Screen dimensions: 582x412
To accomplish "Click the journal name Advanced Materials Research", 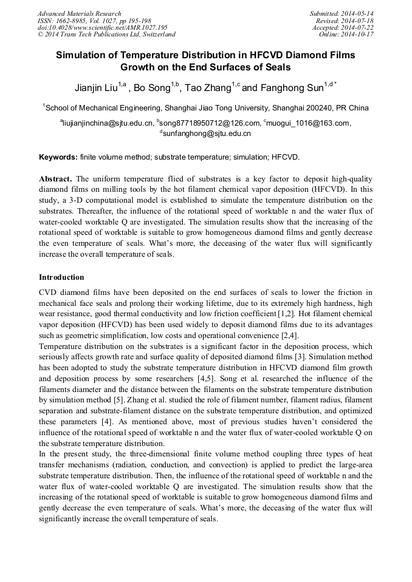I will click(79, 13).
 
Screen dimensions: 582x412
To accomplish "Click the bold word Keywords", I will click(58, 157).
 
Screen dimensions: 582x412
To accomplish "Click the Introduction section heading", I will click(61, 277).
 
